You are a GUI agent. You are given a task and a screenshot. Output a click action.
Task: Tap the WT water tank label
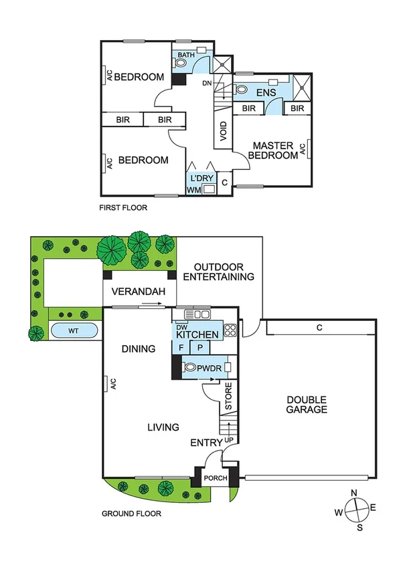[x=74, y=330]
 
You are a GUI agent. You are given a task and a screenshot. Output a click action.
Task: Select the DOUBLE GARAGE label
[x=307, y=405]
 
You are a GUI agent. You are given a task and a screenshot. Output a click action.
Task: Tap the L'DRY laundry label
[x=200, y=179]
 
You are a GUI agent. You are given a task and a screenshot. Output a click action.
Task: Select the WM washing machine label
[x=193, y=191]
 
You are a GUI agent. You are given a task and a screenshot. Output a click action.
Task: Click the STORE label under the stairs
[x=228, y=399]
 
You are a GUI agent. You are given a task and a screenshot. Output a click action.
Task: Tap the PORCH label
[x=215, y=478]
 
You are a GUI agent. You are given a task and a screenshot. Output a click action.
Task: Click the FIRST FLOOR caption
[x=123, y=208]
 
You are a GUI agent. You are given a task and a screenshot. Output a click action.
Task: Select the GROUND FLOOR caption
[x=131, y=514]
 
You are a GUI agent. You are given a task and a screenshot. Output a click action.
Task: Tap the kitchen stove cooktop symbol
[x=230, y=329]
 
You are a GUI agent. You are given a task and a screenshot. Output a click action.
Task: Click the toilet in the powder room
[x=191, y=367]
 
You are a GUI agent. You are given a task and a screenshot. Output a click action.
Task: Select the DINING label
[x=139, y=348]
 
